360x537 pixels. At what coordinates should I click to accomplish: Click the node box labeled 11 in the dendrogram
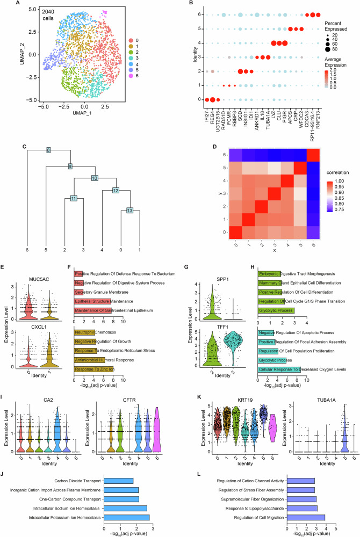point(74,199)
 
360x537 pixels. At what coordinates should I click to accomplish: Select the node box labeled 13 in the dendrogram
point(129,211)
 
